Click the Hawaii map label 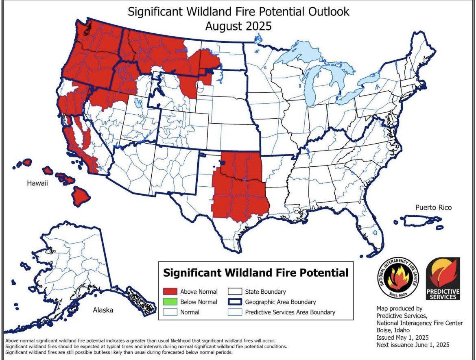point(37,183)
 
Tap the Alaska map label point(103,310)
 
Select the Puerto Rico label point(433,207)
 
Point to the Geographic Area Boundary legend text point(280,302)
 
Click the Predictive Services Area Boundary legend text point(290,312)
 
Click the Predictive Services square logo point(443,279)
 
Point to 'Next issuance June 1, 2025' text point(413,345)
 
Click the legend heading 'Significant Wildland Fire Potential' point(255,273)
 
